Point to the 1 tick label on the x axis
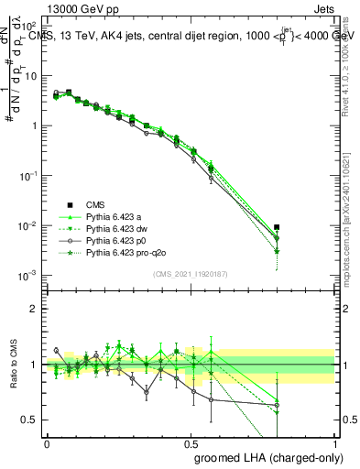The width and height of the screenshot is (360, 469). (x=334, y=442)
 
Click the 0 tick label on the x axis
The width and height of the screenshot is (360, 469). (x=47, y=442)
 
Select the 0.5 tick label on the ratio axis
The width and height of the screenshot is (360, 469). (x=30, y=420)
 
